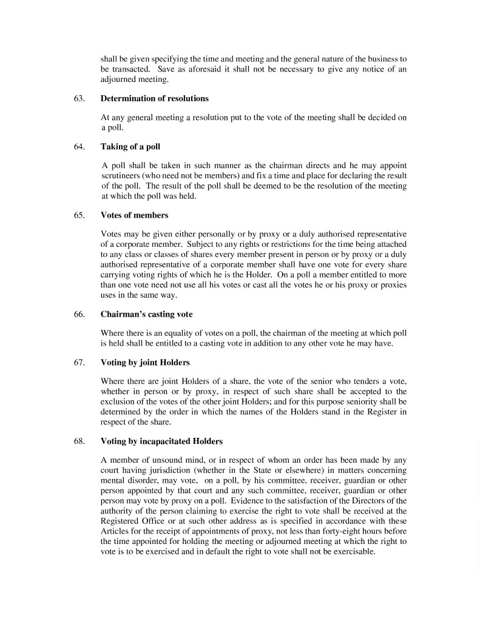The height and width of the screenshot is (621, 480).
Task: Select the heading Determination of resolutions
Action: [154, 98]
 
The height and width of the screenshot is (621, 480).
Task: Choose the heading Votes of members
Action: [134, 215]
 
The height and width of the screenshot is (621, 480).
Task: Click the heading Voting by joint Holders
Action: [145, 363]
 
